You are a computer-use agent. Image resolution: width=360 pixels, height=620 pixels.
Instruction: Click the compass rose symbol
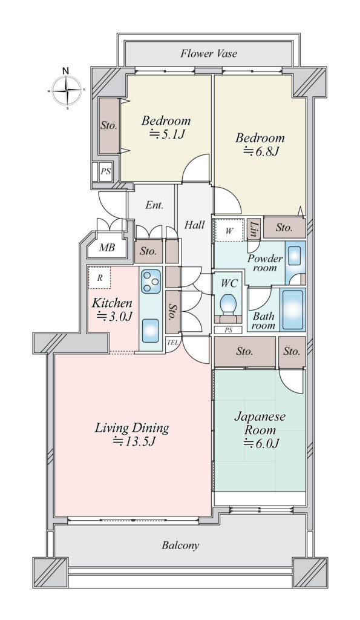click(67, 90)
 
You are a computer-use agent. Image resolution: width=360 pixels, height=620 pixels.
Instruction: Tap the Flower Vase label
click(209, 53)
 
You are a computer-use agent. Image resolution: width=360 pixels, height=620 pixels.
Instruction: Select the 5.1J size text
click(167, 135)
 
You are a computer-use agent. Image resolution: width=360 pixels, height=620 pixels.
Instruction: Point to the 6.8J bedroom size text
click(261, 151)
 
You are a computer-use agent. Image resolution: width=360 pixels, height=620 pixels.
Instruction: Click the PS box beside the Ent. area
click(105, 172)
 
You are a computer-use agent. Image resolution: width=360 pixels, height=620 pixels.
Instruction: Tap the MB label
click(106, 248)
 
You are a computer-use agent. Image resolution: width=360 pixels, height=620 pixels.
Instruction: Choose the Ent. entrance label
click(154, 205)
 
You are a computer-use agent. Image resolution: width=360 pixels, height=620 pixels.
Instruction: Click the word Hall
click(195, 225)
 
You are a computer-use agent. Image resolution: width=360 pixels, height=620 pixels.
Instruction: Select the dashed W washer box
click(229, 230)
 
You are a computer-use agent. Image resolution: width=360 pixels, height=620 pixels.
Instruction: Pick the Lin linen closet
click(254, 229)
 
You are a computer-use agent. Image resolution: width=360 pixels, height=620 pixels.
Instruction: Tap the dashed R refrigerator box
click(99, 278)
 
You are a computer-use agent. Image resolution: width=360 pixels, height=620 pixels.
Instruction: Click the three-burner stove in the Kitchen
click(151, 281)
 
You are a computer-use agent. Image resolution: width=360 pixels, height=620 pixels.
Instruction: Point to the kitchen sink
click(151, 331)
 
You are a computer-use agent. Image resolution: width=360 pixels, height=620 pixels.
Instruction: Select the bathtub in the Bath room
click(293, 309)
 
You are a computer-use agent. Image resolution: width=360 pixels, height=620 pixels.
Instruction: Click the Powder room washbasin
click(295, 256)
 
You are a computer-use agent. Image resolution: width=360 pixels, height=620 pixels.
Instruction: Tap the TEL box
click(172, 343)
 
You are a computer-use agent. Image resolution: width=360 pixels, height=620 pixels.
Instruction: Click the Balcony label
click(180, 546)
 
